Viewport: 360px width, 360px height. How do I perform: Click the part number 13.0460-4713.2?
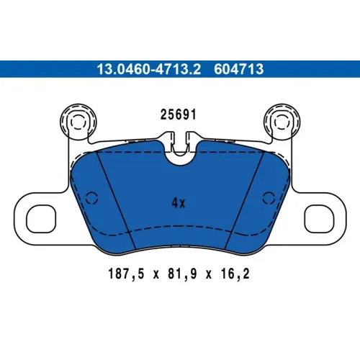coord(148,69)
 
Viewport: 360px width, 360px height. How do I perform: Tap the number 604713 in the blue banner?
coord(239,69)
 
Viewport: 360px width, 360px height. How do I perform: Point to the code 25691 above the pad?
coord(178,114)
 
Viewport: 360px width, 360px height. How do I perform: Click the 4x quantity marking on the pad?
coord(179,203)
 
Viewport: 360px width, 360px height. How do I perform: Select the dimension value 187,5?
coord(126,274)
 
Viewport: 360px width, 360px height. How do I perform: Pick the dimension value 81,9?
coord(182,274)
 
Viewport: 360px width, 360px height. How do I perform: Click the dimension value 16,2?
coord(235,274)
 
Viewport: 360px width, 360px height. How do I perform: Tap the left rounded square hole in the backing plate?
coord(41,219)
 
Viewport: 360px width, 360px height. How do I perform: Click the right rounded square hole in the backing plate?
coord(319,219)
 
